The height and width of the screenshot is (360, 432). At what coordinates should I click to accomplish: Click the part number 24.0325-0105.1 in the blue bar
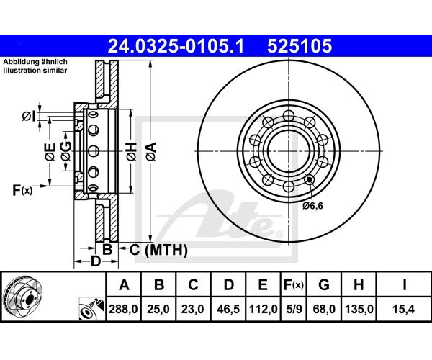pyautogui.click(x=176, y=46)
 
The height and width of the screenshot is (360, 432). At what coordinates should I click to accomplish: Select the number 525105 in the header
pyautogui.click(x=300, y=46)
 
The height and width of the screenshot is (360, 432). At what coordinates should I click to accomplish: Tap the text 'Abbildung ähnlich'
pyautogui.click(x=35, y=62)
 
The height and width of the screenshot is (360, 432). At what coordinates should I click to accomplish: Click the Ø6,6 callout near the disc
pyautogui.click(x=312, y=205)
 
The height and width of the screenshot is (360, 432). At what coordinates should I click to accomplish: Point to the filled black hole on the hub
pyautogui.click(x=310, y=180)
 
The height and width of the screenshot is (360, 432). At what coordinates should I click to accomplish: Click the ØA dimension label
pyautogui.click(x=151, y=151)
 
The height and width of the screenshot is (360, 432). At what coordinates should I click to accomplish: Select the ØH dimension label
pyautogui.click(x=132, y=151)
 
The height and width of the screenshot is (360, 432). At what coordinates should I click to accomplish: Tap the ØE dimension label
pyautogui.click(x=50, y=151)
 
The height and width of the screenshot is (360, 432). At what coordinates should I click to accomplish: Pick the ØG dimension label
pyautogui.click(x=66, y=151)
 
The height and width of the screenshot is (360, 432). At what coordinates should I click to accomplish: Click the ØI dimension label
pyautogui.click(x=29, y=116)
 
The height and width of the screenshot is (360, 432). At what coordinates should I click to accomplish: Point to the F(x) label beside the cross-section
pyautogui.click(x=22, y=190)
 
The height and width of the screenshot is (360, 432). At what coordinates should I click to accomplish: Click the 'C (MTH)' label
pyautogui.click(x=158, y=250)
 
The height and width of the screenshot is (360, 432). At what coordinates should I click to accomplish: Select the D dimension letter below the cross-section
pyautogui.click(x=96, y=261)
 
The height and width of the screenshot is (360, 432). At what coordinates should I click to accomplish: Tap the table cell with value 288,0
pyautogui.click(x=123, y=309)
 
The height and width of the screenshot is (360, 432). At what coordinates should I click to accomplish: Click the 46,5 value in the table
pyautogui.click(x=228, y=309)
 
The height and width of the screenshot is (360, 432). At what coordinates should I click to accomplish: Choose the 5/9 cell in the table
pyautogui.click(x=294, y=309)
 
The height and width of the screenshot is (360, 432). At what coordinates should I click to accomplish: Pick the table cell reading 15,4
pyautogui.click(x=403, y=309)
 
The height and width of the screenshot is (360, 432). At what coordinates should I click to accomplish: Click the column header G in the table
pyautogui.click(x=324, y=284)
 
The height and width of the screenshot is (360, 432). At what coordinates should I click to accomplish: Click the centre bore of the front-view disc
pyautogui.click(x=289, y=151)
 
